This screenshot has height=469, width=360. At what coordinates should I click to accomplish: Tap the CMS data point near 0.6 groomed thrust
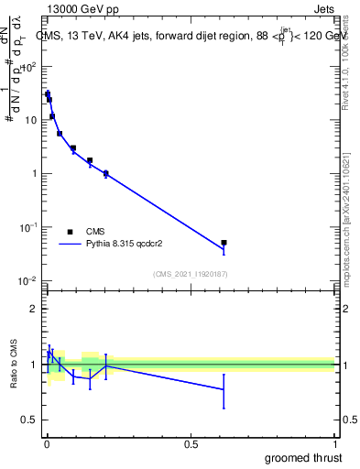[224, 243]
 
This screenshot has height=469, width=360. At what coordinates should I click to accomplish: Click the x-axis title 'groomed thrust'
[303, 457]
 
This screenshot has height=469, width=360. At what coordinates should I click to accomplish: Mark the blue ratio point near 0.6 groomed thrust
[224, 389]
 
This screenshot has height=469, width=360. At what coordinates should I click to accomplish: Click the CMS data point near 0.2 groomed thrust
[105, 172]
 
